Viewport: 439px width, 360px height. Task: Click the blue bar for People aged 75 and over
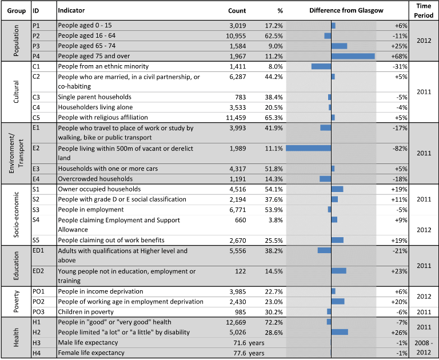click(353, 56)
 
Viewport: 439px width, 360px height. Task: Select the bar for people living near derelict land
click(309, 149)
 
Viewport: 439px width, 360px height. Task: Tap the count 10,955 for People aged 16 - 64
click(236, 36)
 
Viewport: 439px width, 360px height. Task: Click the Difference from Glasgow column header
click(346, 11)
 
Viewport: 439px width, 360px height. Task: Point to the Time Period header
click(424, 11)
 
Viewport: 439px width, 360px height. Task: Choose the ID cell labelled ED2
click(38, 271)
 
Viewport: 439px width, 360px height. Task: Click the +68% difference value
click(399, 56)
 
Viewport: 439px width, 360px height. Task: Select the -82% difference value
click(400, 149)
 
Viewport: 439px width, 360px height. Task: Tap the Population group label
click(16, 41)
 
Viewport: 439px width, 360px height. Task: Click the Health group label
click(16, 337)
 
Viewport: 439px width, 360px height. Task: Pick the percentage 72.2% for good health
click(274, 322)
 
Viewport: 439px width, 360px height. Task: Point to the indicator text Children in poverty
click(86, 312)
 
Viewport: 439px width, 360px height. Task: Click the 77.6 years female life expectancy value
click(249, 353)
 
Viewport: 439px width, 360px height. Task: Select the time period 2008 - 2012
click(424, 347)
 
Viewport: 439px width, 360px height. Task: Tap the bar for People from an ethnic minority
click(321, 66)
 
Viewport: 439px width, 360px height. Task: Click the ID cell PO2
click(39, 302)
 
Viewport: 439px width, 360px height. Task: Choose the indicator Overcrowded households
click(95, 179)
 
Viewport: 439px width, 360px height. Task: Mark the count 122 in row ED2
click(241, 271)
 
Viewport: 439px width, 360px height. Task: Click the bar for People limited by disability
click(340, 332)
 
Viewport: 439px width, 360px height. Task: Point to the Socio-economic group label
click(16, 215)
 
